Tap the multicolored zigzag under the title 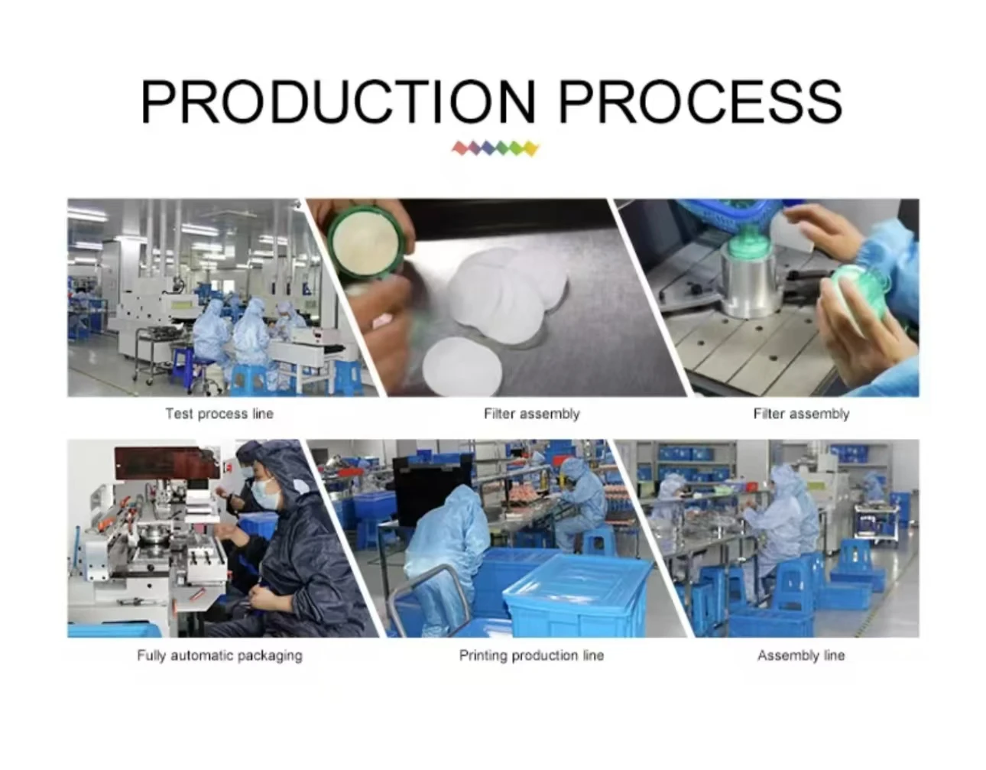(495, 148)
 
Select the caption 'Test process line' (219, 414)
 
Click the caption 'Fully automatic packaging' (219, 655)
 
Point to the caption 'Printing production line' (531, 655)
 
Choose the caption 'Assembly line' (801, 655)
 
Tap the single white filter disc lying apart (462, 368)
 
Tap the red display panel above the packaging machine (164, 463)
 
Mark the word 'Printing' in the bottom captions (483, 656)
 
